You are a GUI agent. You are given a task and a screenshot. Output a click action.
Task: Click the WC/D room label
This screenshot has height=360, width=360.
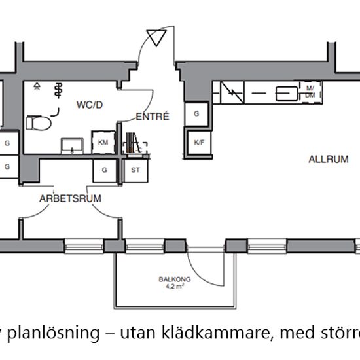click(x=90, y=104)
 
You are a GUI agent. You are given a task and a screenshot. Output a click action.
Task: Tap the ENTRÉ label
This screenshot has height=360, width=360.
click(x=153, y=117)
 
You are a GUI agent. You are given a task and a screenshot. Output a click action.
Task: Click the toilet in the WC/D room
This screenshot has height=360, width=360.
click(x=38, y=122)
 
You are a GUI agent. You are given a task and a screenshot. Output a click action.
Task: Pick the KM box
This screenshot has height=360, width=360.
click(x=103, y=143)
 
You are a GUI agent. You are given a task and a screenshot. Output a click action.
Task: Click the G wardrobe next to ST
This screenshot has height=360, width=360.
click(x=103, y=170)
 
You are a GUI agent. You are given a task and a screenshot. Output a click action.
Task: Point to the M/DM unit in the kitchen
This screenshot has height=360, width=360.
click(x=310, y=92)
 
